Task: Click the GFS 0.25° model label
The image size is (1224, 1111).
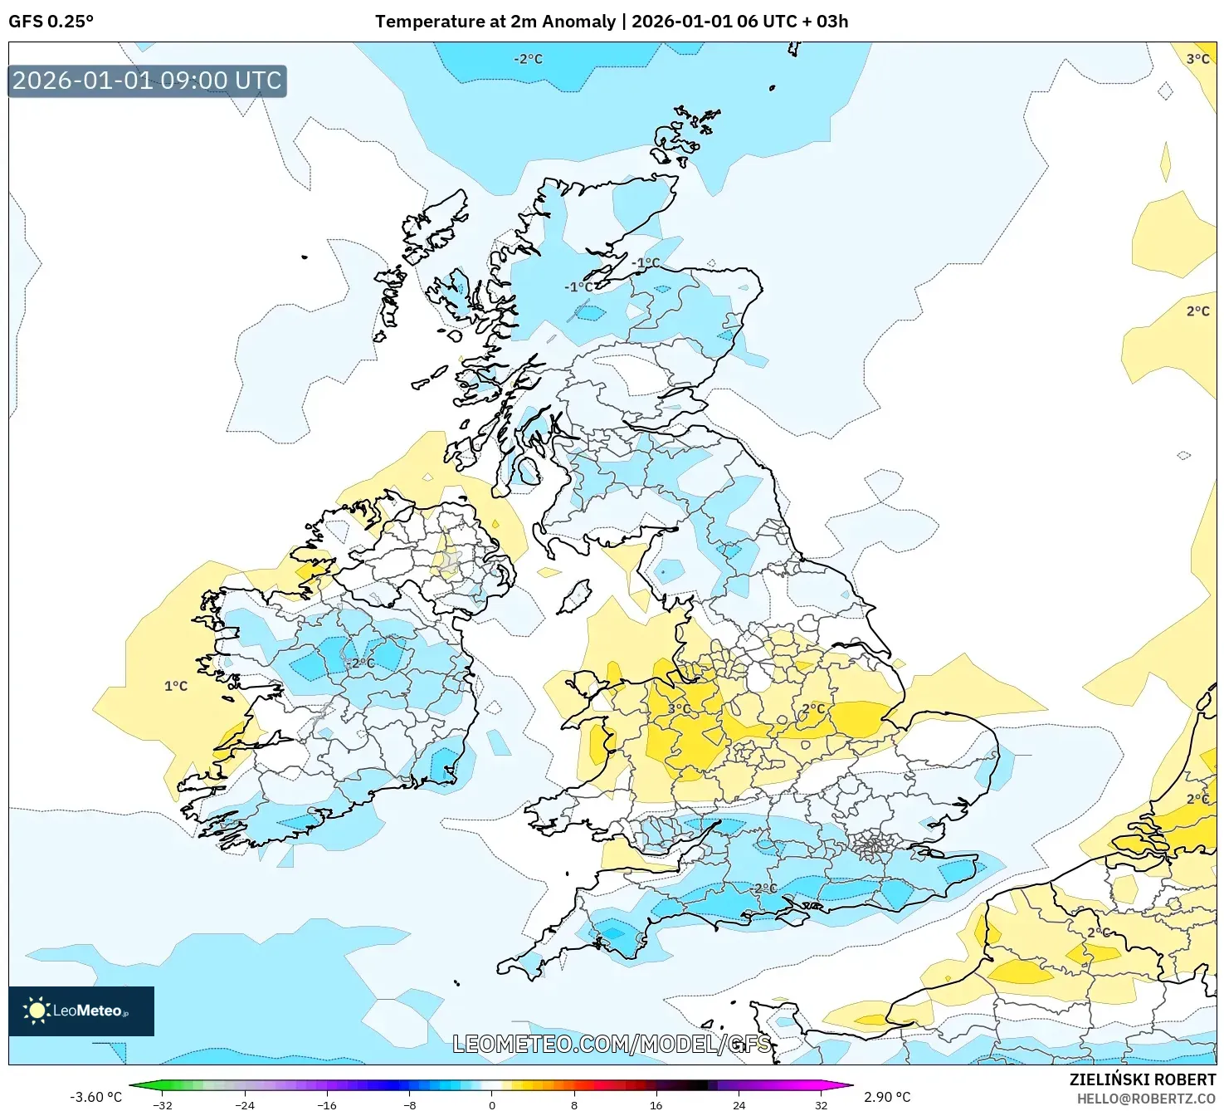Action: [51, 22]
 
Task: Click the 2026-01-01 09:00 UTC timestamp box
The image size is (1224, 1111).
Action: [147, 81]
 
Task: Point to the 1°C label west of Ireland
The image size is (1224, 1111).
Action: [176, 686]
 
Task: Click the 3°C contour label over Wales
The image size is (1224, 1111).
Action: [680, 708]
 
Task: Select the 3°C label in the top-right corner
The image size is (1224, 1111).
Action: [1197, 59]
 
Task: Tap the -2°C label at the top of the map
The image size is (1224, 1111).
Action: [528, 59]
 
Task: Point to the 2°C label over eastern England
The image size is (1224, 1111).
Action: [813, 709]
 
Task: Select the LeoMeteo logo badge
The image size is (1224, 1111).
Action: [81, 1011]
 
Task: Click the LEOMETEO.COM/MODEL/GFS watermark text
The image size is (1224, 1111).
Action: [612, 1044]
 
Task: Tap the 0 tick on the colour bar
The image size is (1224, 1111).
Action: [492, 1105]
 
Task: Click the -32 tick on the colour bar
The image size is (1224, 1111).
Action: [163, 1105]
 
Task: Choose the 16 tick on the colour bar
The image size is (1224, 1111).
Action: [656, 1105]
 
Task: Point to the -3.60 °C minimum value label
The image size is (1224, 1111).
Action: [95, 1097]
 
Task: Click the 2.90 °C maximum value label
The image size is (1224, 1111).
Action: [887, 1097]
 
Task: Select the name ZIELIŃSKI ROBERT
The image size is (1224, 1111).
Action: [1142, 1080]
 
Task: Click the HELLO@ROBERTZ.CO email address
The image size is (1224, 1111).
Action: [1146, 1099]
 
